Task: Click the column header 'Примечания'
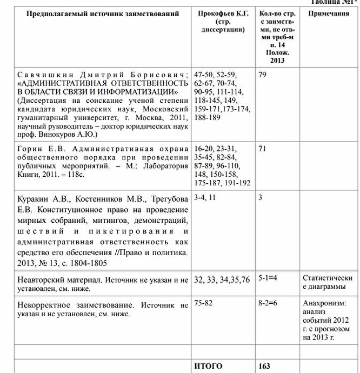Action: click(x=329, y=14)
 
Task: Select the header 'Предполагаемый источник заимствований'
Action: click(x=103, y=14)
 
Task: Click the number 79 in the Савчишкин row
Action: click(x=262, y=74)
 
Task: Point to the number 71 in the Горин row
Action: click(x=262, y=148)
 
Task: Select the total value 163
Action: click(x=264, y=366)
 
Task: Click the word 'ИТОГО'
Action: click(x=208, y=366)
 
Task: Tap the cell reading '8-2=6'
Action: click(x=268, y=303)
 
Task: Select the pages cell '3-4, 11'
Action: click(x=205, y=197)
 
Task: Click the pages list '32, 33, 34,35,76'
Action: click(x=222, y=279)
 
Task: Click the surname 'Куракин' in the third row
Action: click(x=34, y=197)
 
